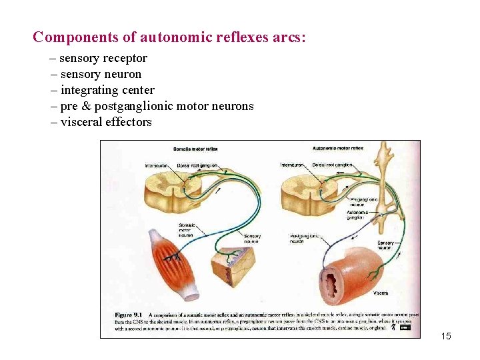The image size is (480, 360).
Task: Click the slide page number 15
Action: pyautogui.click(x=446, y=336)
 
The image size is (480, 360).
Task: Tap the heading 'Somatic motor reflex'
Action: pyautogui.click(x=195, y=149)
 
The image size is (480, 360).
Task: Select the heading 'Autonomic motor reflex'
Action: pyautogui.click(x=338, y=148)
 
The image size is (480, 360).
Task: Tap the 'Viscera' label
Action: pyautogui.click(x=381, y=293)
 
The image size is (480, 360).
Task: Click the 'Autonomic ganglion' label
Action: pyautogui.click(x=356, y=214)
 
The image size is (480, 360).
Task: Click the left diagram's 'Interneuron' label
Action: pyautogui.click(x=156, y=165)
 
